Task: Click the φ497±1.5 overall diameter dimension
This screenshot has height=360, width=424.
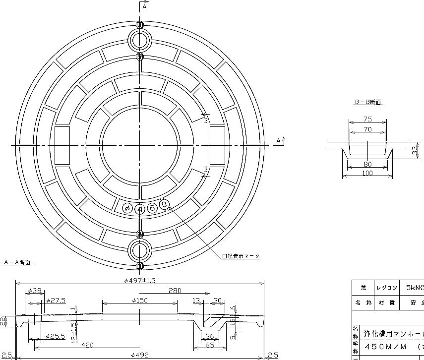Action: tap(140, 280)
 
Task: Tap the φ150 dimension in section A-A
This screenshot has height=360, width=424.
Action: tap(140, 300)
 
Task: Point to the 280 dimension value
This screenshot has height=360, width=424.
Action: tap(175, 290)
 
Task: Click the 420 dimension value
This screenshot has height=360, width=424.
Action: tap(88, 345)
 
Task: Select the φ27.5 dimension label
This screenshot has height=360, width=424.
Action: tap(56, 300)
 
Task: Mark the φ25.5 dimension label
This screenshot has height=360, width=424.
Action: tap(55, 336)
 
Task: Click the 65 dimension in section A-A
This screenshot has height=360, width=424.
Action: tap(210, 345)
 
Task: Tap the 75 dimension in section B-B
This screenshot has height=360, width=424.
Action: tap(367, 119)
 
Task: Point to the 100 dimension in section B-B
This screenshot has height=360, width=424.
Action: tap(367, 173)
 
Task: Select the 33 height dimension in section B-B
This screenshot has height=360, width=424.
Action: tap(414, 150)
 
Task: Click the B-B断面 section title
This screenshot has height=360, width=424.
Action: tap(367, 102)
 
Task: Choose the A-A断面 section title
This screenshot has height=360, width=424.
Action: tap(17, 262)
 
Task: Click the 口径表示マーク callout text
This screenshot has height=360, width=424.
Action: tap(241, 256)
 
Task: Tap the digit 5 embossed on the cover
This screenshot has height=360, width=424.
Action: tap(152, 207)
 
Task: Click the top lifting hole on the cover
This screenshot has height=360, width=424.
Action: tap(140, 40)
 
